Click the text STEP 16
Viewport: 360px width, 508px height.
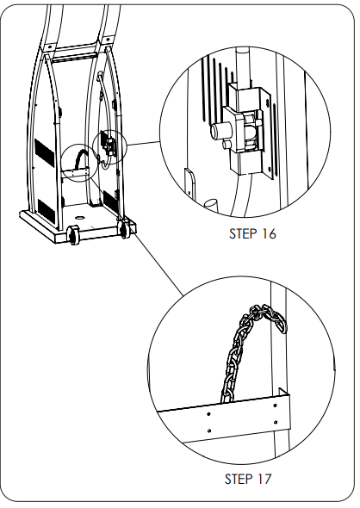point(252,233)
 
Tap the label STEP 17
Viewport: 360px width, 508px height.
point(248,479)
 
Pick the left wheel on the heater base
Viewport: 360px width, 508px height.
point(73,234)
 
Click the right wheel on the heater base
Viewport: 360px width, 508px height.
point(124,229)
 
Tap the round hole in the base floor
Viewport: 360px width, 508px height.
point(79,217)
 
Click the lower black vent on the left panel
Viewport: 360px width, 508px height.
point(47,211)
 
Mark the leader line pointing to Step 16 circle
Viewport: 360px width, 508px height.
point(144,144)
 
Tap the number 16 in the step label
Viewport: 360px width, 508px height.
point(269,233)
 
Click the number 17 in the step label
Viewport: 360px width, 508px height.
point(264,479)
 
